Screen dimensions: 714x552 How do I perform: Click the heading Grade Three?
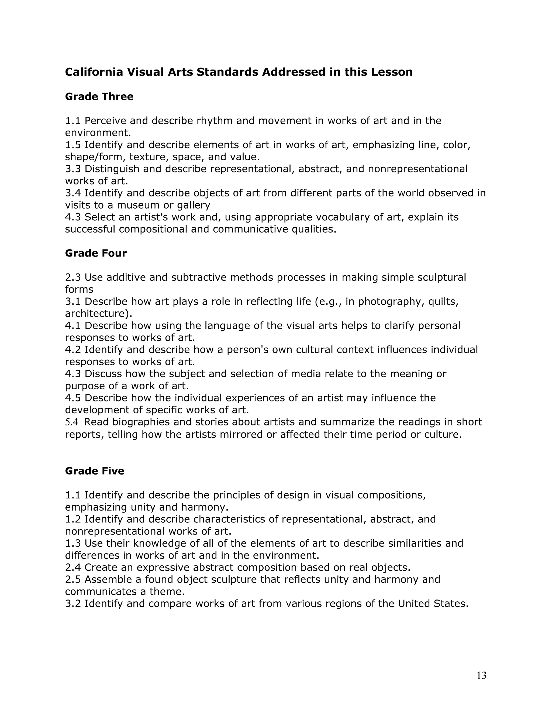pos(99,96)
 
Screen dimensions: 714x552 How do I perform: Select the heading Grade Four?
pos(96,253)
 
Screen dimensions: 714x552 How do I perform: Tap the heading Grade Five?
pos(95,471)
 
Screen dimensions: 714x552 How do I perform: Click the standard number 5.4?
pos(72,422)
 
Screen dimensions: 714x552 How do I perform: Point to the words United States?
pos(433,604)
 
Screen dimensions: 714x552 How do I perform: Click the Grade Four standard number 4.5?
pos(73,398)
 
